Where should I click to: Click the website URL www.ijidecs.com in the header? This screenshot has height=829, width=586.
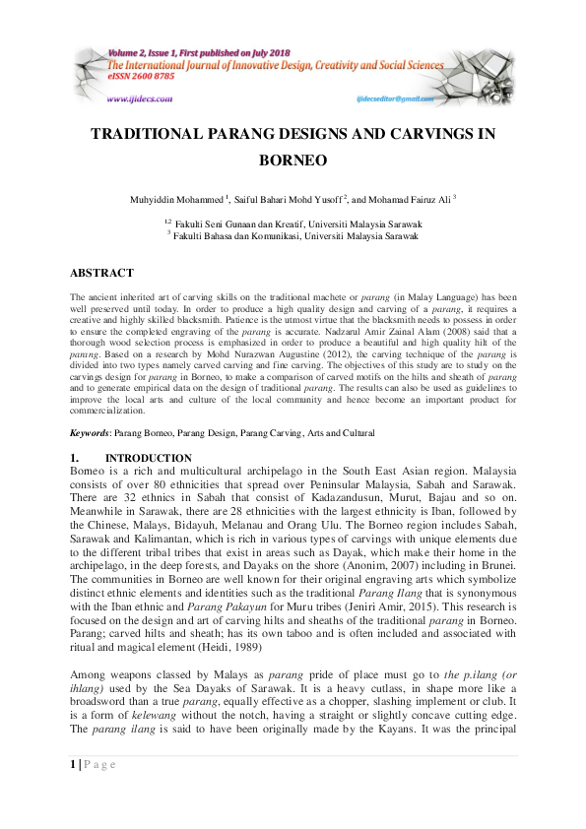pyautogui.click(x=139, y=99)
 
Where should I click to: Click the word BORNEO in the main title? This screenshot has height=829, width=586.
pyautogui.click(x=292, y=159)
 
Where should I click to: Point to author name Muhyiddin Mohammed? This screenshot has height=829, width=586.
pyautogui.click(x=175, y=199)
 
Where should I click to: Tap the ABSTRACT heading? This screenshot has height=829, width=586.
pyautogui.click(x=101, y=273)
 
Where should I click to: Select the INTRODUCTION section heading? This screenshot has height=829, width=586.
pyautogui.click(x=148, y=458)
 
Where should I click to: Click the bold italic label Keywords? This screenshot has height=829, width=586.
pyautogui.click(x=90, y=433)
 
